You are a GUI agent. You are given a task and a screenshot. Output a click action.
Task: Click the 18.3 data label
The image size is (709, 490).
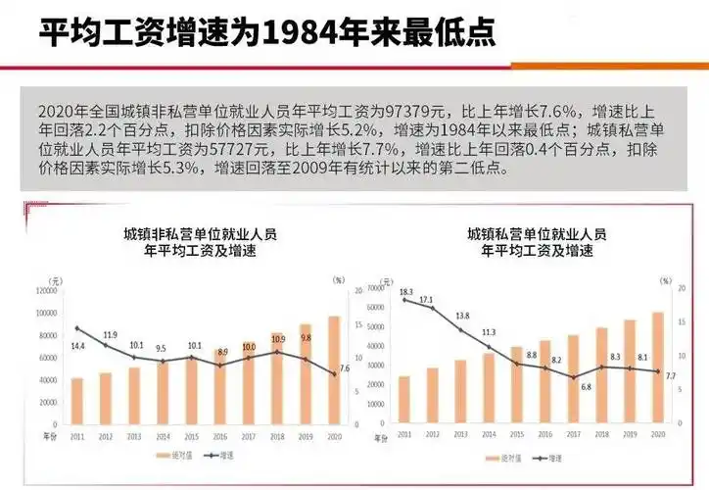405,292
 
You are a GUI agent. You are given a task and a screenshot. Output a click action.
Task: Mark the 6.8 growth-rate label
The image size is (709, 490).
586,386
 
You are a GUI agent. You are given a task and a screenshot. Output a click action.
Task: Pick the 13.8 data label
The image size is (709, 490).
462,316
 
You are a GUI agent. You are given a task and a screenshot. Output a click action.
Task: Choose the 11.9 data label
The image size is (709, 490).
109,335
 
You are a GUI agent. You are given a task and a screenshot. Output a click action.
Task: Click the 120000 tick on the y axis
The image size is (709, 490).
47,291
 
